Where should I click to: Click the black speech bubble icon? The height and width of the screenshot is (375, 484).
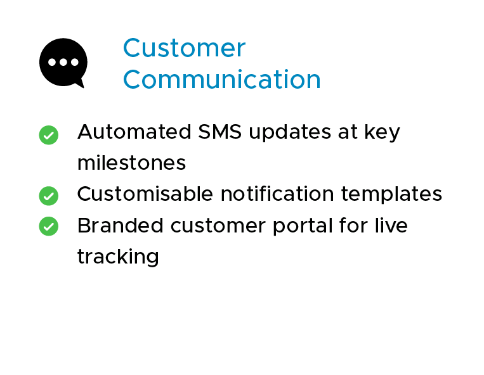[x=63, y=62]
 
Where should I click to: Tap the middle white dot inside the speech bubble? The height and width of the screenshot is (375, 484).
[x=63, y=62]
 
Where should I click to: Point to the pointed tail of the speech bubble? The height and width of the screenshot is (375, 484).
[x=80, y=84]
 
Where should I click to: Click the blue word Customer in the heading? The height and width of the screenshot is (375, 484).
[x=184, y=48]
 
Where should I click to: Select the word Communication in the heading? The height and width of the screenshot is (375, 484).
[x=221, y=80]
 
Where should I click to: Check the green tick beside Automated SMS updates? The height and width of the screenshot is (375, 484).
[x=49, y=134]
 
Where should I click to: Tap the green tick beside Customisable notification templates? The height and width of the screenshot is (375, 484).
[x=49, y=196]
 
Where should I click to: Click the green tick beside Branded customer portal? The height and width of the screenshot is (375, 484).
[x=49, y=227]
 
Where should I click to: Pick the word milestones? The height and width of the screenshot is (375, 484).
[x=131, y=163]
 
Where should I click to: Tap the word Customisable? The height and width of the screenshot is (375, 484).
[x=145, y=194]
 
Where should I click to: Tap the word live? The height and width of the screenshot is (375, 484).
[x=391, y=226]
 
